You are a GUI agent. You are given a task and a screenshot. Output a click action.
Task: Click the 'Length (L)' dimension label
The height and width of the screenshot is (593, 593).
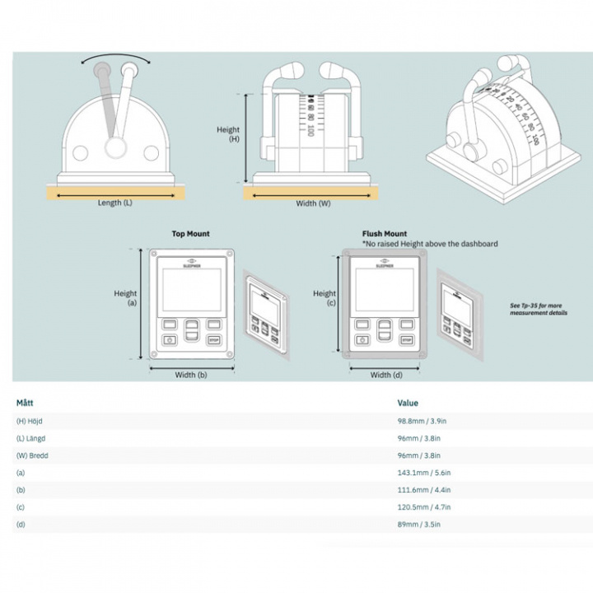click(115, 203)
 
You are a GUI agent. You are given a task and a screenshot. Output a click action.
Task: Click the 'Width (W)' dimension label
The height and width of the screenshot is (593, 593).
click(313, 203)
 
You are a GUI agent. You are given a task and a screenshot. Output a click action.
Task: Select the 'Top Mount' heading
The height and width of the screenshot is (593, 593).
click(190, 234)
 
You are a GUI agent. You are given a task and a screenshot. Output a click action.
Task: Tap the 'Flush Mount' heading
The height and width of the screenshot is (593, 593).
click(385, 234)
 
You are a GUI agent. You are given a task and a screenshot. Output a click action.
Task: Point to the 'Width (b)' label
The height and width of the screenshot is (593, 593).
click(191, 376)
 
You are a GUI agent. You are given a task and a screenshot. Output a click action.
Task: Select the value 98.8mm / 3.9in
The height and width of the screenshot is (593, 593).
click(423, 421)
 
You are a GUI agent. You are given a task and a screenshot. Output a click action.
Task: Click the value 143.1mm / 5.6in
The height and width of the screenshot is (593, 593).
click(423, 473)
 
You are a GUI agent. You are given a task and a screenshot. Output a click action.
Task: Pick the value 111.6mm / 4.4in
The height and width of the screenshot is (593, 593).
click(423, 490)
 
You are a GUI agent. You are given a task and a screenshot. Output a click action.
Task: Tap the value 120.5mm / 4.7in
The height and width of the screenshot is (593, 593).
click(423, 507)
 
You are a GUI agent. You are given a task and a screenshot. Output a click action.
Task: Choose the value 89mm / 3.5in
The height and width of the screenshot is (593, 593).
click(419, 525)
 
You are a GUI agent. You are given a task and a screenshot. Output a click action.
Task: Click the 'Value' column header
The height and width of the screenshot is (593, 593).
click(408, 403)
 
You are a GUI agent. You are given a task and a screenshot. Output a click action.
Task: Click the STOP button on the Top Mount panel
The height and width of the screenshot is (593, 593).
click(214, 339)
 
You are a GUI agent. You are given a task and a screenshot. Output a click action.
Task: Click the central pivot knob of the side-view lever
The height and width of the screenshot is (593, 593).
click(114, 148)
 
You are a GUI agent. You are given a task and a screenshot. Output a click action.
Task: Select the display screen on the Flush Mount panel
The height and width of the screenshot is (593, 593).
click(384, 290)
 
